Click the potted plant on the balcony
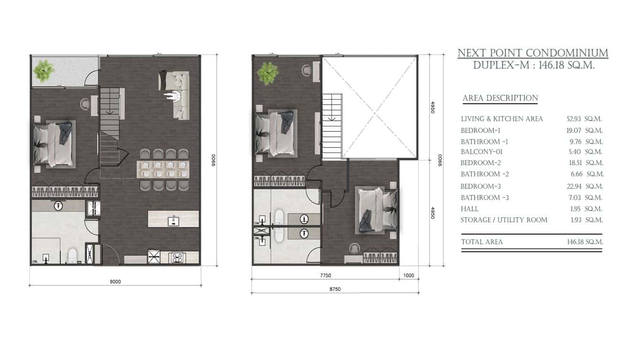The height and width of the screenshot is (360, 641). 43,71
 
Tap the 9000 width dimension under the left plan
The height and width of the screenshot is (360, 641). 115,282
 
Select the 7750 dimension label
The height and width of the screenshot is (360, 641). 325,275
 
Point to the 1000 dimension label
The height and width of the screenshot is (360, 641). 409,275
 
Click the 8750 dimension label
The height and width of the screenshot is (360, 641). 335,289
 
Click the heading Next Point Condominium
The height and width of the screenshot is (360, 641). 533,53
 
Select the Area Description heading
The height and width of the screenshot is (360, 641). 500,98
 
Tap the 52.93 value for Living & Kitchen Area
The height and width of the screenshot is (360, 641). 574,119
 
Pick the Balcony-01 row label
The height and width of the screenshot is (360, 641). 481,152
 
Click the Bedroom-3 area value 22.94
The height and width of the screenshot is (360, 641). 574,186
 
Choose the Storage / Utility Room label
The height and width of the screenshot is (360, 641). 504,220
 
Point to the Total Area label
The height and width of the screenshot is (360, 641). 482,242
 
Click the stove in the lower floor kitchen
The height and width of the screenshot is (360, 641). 177,258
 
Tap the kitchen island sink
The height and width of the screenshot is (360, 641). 173,221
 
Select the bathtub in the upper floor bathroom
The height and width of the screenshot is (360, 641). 279,226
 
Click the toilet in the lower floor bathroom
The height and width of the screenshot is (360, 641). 73,256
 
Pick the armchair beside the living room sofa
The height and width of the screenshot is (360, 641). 173,96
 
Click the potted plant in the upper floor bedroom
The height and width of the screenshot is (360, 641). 268,73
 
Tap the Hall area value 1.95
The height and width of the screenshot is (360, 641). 576,209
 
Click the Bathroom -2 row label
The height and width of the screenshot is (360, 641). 485,174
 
